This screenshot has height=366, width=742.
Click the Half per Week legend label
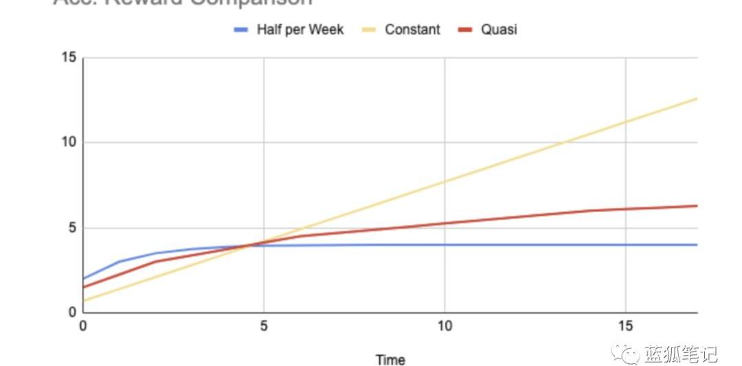click(300, 30)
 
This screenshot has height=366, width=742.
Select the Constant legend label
click(412, 30)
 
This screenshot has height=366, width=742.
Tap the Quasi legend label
click(499, 30)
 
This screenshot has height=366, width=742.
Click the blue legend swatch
click(240, 30)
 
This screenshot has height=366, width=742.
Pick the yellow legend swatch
click(368, 30)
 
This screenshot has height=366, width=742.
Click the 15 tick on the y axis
click(68, 57)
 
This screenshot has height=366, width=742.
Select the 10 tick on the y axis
click(68, 143)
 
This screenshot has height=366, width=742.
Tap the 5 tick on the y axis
click(71, 228)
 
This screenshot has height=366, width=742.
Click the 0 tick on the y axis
click(71, 313)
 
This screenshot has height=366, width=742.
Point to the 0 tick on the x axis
click(83, 325)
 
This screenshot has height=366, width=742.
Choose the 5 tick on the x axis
click(264, 325)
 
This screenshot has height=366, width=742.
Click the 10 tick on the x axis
click(445, 325)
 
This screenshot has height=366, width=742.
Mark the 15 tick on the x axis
click(625, 325)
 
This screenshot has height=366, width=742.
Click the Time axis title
click(390, 359)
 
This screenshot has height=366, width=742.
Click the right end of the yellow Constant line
click(697, 99)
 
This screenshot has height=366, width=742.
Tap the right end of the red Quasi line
click(697, 206)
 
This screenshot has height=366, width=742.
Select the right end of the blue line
click(697, 244)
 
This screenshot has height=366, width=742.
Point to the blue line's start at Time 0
click(84, 279)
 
